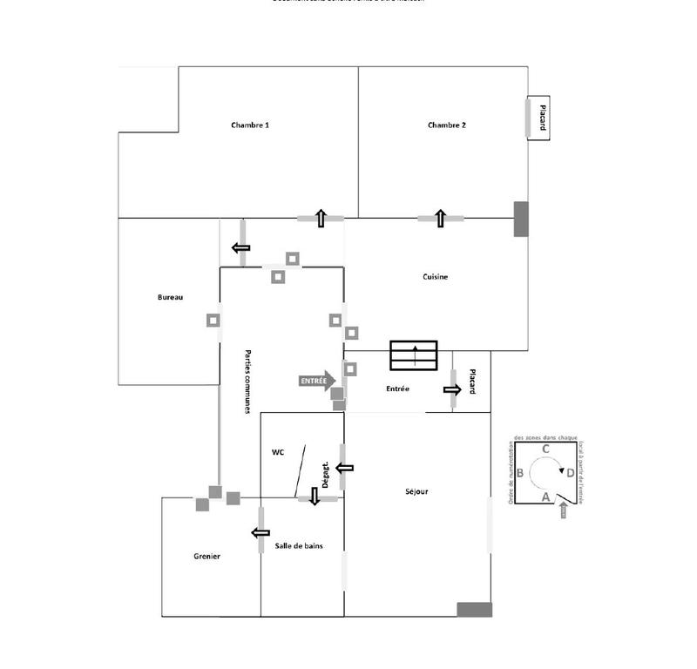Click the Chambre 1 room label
(250, 125)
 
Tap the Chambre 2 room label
(447, 125)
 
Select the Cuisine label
(436, 277)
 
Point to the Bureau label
(170, 298)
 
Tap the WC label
(278, 452)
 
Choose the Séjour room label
(416, 491)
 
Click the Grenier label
(207, 556)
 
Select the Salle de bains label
(300, 545)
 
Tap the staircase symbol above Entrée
(415, 355)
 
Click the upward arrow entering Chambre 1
(321, 219)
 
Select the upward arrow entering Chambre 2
(441, 219)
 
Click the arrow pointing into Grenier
(261, 532)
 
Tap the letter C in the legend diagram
(545, 449)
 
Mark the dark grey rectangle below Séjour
(474, 609)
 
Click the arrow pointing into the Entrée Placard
(452, 389)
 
